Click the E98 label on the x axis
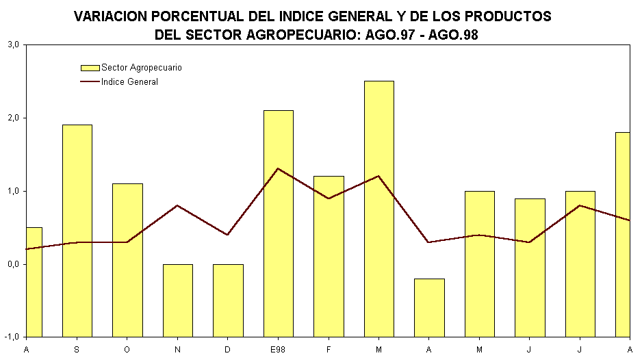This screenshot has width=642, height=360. [x=278, y=350]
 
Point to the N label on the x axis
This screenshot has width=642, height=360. [x=177, y=350]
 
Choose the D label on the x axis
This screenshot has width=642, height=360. [x=228, y=350]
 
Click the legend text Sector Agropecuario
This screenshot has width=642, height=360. [x=141, y=68]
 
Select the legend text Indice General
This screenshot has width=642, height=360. [x=129, y=82]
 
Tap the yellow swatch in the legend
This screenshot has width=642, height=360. [x=90, y=68]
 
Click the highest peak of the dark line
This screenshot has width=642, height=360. [x=278, y=168]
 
